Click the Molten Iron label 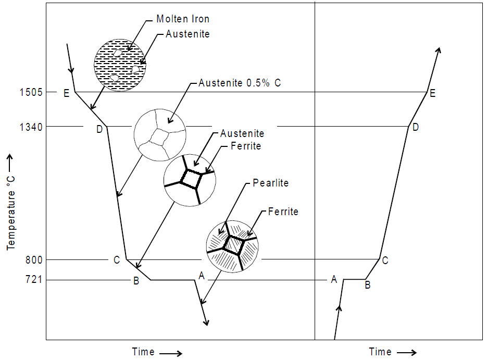point(183,20)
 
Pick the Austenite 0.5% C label point(239,83)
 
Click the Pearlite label point(270,183)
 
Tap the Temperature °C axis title point(11,202)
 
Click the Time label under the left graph point(143,352)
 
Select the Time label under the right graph point(380,352)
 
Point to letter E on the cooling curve point(66,94)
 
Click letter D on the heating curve point(415,128)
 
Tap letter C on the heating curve point(385,260)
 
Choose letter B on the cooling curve point(136,281)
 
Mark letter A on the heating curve point(334,280)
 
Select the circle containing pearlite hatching point(233,245)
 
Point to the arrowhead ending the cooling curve point(207,322)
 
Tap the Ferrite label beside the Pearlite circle point(283,212)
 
